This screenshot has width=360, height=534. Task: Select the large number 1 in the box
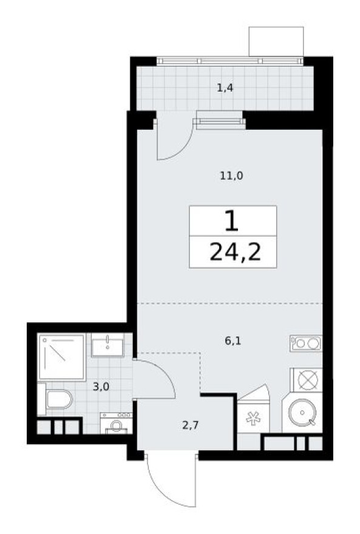point(231,222)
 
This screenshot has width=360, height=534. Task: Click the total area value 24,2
point(234,251)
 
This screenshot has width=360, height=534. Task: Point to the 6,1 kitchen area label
point(233,341)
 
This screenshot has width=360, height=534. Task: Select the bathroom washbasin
point(108,346)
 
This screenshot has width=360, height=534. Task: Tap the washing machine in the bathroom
point(116,423)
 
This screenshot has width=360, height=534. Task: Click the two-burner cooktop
point(305,343)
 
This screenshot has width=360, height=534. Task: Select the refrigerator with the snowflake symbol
point(251,418)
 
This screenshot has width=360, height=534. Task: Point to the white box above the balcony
point(276,41)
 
